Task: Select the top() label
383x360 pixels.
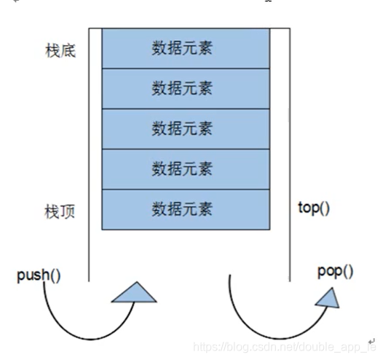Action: click(314, 208)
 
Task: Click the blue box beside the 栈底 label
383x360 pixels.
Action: click(182, 49)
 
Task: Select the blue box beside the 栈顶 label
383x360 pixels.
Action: click(182, 210)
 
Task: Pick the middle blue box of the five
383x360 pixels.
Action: click(182, 129)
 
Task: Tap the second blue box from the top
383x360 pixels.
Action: click(182, 89)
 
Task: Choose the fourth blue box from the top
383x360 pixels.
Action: click(182, 169)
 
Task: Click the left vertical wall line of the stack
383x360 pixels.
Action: click(90, 146)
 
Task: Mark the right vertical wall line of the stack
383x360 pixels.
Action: click(290, 146)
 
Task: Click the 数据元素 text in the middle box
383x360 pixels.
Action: click(182, 129)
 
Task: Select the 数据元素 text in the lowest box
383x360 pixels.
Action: click(182, 210)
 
